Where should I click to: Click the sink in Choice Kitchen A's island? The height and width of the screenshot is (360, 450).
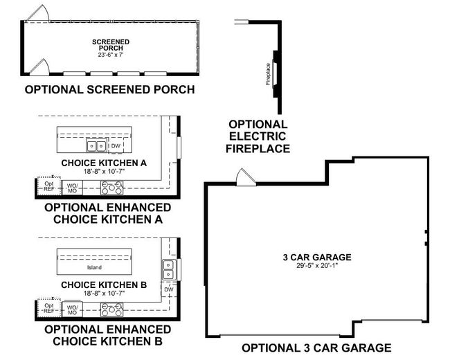click(96, 146)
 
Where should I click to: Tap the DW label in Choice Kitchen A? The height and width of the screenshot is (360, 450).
click(116, 146)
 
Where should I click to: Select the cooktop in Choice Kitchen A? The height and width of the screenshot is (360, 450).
click(111, 186)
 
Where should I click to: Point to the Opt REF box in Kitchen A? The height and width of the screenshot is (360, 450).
click(48, 186)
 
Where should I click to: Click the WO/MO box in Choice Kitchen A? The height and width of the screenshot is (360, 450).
click(72, 187)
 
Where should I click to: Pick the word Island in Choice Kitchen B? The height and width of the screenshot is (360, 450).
click(94, 267)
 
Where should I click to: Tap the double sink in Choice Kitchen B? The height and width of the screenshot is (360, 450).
click(168, 266)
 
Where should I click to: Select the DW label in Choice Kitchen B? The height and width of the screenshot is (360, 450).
click(168, 290)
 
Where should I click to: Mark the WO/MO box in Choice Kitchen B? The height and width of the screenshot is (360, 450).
click(72, 308)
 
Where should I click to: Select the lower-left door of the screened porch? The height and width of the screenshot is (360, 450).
click(37, 66)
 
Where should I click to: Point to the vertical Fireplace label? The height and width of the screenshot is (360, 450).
click(268, 73)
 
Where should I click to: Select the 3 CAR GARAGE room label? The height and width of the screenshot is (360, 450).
click(317, 256)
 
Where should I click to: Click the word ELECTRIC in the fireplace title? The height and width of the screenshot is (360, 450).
click(259, 136)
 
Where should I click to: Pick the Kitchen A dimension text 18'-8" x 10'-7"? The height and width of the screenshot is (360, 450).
click(112, 172)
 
